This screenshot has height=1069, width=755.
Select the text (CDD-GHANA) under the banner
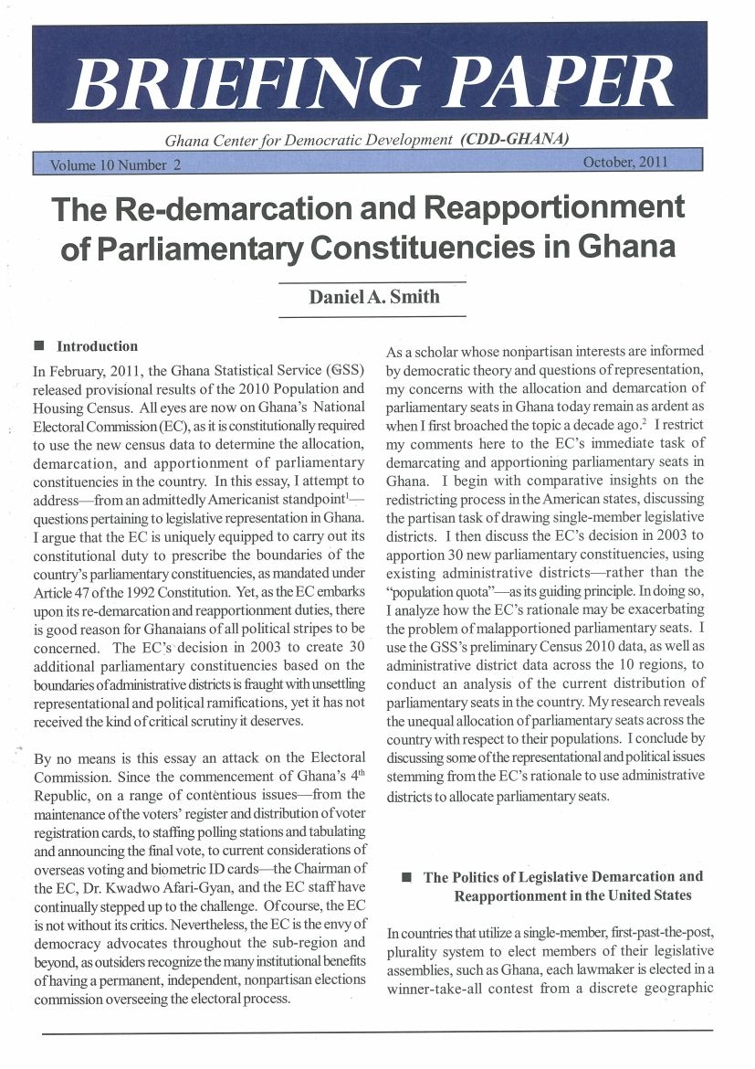pos(516,140)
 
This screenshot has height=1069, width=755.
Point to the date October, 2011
pos(624,163)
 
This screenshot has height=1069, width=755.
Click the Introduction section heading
pos(98,346)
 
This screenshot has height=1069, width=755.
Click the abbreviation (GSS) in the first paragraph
pos(344,372)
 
